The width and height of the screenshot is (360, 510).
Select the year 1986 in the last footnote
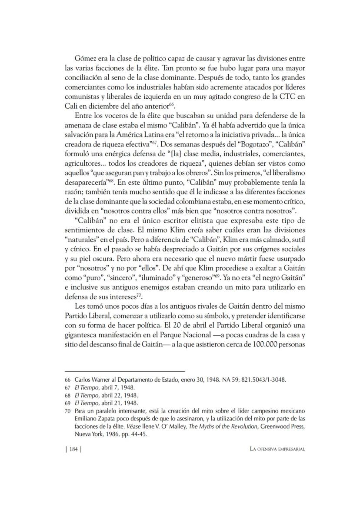click(110, 434)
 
